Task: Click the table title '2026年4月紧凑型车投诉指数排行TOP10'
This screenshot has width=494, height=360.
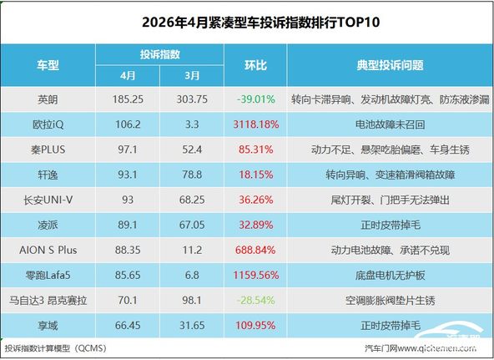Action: tap(260, 23)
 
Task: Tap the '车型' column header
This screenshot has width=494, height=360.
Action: tap(48, 65)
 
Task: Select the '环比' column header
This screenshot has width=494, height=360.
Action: tap(255, 65)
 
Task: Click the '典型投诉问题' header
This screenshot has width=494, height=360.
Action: tap(390, 65)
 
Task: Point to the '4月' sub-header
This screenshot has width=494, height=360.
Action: tap(128, 76)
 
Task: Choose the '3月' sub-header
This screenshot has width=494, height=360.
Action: tap(192, 76)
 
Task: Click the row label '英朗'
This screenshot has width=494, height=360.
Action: tap(48, 99)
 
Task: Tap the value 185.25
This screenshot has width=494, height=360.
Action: tap(128, 99)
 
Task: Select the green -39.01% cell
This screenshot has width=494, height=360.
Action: tap(255, 99)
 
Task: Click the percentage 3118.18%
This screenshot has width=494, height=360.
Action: tap(256, 124)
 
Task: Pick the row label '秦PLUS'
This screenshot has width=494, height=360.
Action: tap(48, 150)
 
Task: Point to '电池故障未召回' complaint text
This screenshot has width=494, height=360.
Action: tap(390, 124)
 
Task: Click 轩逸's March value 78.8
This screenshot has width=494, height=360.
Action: tap(192, 175)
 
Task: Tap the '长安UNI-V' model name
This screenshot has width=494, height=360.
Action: tap(48, 200)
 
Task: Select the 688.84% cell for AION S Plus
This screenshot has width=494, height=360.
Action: tap(255, 251)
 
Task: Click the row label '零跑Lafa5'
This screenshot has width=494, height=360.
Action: tap(48, 275)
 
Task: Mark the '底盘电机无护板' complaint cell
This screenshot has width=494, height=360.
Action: tap(390, 275)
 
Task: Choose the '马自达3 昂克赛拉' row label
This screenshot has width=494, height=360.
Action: tap(48, 300)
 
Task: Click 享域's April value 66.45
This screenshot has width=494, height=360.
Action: tap(128, 325)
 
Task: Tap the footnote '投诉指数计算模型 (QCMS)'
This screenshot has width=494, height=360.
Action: tap(56, 348)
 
